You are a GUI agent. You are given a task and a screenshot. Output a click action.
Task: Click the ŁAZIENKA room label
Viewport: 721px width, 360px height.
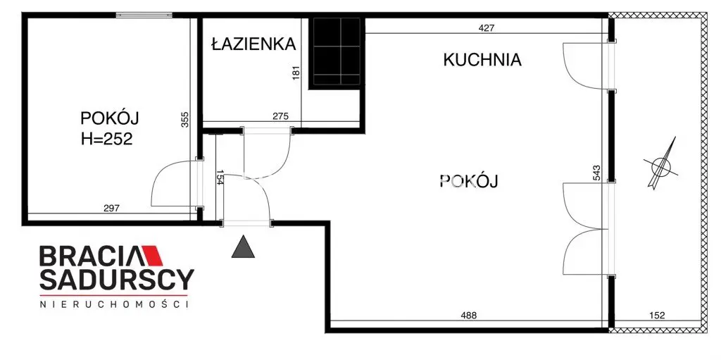coord(253,44)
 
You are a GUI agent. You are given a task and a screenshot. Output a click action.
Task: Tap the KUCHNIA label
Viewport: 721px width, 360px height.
coord(482,60)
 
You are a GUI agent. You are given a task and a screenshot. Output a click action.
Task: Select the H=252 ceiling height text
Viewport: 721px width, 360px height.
coord(106,139)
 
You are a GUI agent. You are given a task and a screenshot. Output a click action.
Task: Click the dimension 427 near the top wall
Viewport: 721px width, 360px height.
coord(487,28)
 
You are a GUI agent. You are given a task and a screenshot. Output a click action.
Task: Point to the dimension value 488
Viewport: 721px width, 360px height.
coord(468,315)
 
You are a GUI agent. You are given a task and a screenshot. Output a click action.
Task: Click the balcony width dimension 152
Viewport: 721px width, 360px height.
coord(656,315)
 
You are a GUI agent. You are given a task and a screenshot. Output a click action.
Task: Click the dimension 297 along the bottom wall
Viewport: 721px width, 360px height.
coord(111,208)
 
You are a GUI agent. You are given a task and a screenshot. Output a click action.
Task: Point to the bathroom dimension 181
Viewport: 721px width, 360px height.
coord(296,73)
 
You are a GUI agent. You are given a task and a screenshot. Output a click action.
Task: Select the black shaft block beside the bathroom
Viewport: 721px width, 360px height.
coord(337,51)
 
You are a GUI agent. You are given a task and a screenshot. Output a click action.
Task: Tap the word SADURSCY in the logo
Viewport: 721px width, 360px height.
coord(115,280)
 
